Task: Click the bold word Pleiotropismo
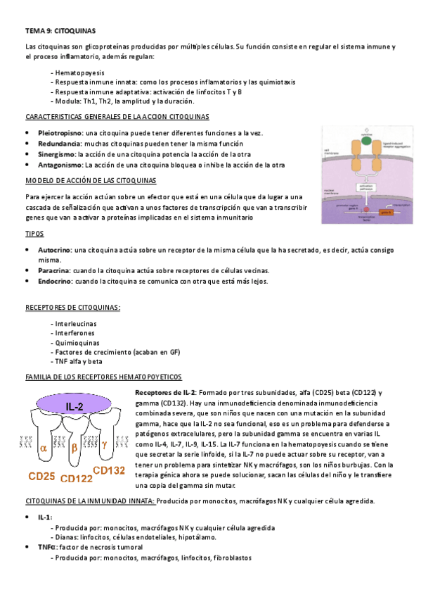click(60, 132)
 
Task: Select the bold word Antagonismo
click(60, 165)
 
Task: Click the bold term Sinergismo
click(57, 153)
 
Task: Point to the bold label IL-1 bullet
click(45, 517)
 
